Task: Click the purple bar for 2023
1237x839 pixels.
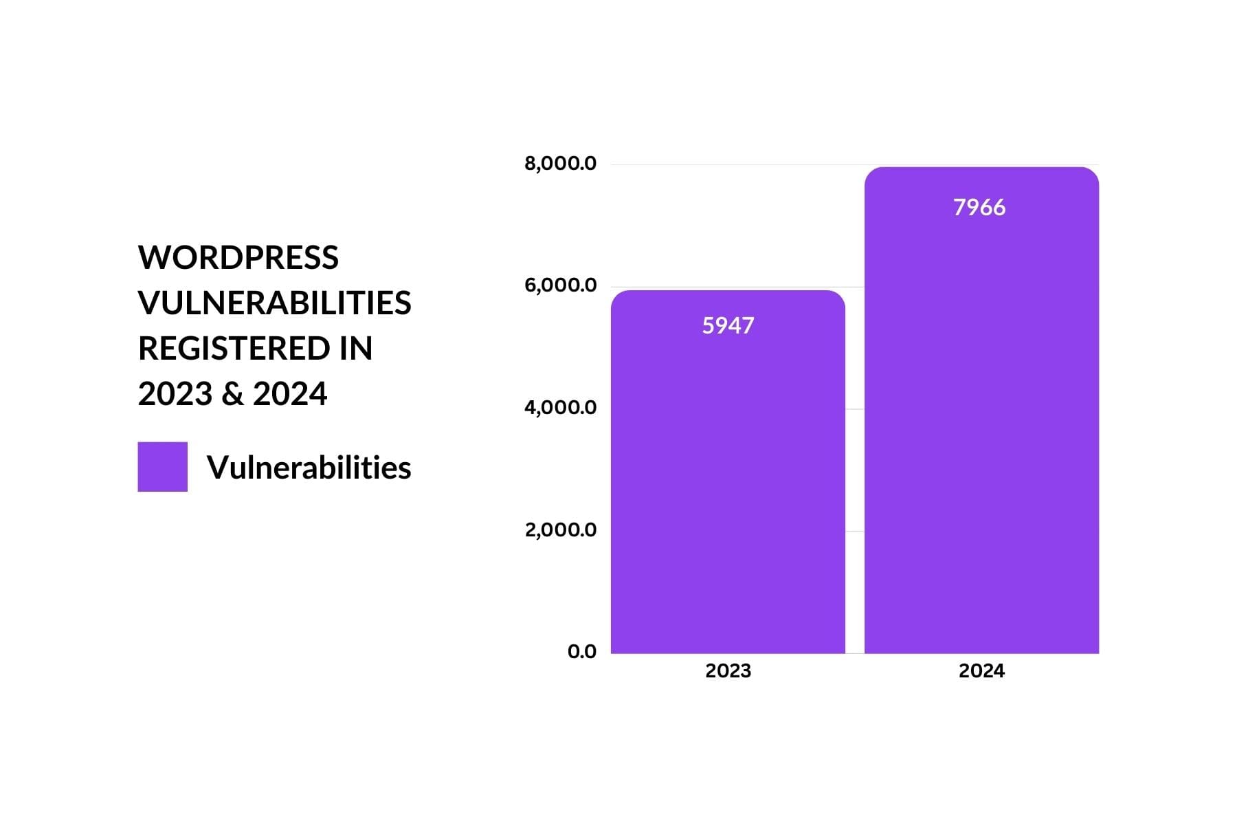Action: pyautogui.click(x=728, y=481)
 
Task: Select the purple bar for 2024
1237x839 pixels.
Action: pyautogui.click(x=981, y=426)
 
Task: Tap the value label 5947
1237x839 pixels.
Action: pyautogui.click(x=728, y=325)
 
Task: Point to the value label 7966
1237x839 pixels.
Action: pyautogui.click(x=979, y=207)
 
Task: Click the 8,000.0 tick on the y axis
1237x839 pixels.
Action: pyautogui.click(x=560, y=164)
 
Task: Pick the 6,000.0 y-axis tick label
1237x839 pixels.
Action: pyautogui.click(x=560, y=285)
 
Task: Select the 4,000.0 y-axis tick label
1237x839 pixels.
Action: pyautogui.click(x=560, y=408)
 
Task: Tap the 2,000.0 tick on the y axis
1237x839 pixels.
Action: pyautogui.click(x=560, y=530)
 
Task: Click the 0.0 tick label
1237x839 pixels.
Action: pyautogui.click(x=581, y=652)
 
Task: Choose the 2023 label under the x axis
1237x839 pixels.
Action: pyautogui.click(x=728, y=671)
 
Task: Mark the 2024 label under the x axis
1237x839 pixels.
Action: pyautogui.click(x=981, y=671)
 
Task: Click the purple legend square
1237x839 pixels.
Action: pyautogui.click(x=162, y=467)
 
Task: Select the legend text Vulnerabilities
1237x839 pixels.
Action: pyautogui.click(x=309, y=468)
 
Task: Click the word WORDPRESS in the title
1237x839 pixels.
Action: pyautogui.click(x=238, y=258)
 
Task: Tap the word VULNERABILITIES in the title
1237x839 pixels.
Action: pyautogui.click(x=274, y=303)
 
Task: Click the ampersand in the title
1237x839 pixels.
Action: pyautogui.click(x=233, y=394)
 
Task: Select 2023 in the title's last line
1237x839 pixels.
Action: pyautogui.click(x=175, y=394)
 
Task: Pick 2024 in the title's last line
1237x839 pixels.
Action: pyautogui.click(x=289, y=394)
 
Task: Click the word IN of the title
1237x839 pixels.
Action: pyautogui.click(x=355, y=349)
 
